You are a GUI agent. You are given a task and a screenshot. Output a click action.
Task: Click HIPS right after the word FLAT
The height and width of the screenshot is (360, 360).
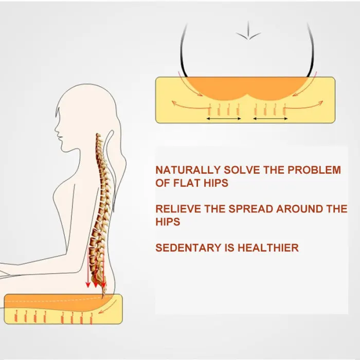tap(217, 183)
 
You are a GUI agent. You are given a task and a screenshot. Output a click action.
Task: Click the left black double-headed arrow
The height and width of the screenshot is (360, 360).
tap(224, 119)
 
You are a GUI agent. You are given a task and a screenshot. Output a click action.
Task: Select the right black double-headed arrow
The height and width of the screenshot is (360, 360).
tap(270, 119)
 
